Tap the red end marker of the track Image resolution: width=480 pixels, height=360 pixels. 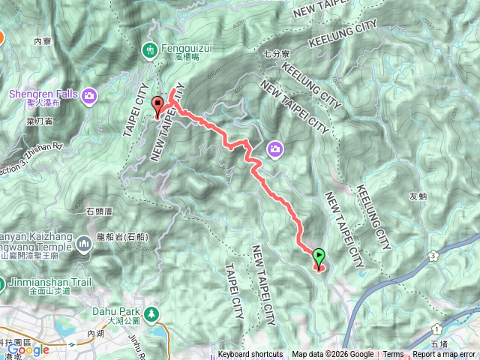tap(157, 106)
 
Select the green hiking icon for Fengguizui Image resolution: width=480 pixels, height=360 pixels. tap(149, 50)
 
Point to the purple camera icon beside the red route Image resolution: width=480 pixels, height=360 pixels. tap(275, 151)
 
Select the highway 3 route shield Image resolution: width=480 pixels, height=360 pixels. tap(434, 257)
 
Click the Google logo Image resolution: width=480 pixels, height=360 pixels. tap(29, 349)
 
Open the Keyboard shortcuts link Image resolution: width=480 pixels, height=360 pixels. tap(250, 355)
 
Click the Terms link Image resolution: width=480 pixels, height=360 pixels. tap(393, 355)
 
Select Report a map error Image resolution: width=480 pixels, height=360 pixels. tap(444, 355)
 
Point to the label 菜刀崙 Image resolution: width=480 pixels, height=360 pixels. tap(38, 120)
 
